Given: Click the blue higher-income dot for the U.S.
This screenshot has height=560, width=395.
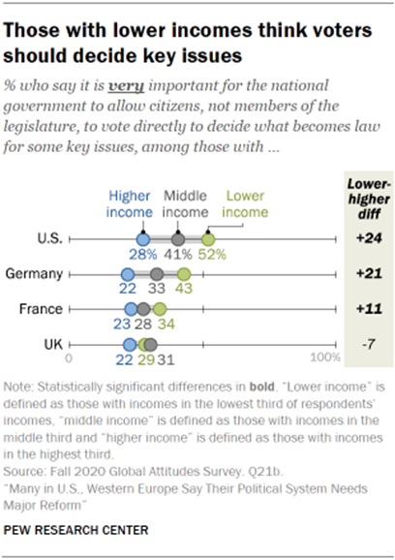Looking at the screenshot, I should coord(142,238).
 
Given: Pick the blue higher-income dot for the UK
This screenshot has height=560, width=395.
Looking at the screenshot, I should coord(128,344).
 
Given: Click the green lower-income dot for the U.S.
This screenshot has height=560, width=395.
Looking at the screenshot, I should coord(207,238).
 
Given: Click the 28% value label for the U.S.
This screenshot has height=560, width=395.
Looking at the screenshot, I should coord(144,255).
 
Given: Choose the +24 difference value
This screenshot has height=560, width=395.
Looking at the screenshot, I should coord(366,238).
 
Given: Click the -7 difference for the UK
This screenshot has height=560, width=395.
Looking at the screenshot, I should coord(366,344).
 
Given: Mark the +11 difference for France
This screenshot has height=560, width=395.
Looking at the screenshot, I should coord(366,309).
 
